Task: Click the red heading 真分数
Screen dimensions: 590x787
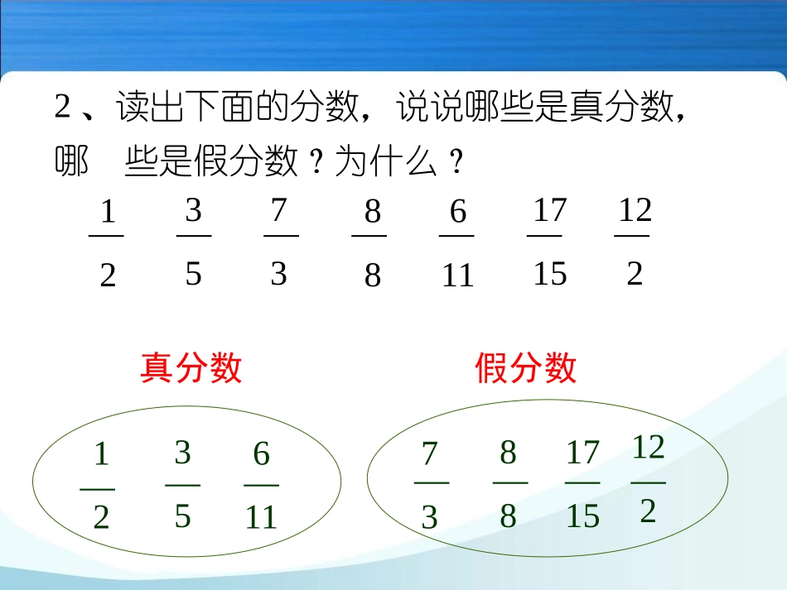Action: click(191, 368)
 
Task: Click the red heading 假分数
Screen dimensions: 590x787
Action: click(526, 368)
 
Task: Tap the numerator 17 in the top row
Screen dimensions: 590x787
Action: click(549, 211)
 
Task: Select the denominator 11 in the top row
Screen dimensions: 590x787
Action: click(457, 276)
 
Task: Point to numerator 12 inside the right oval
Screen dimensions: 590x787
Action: click(649, 448)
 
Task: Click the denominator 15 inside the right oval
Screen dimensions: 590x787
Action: click(582, 517)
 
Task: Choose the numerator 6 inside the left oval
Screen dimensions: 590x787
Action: click(262, 453)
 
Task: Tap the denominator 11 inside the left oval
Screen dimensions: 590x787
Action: click(261, 518)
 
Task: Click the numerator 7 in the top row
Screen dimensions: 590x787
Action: click(278, 211)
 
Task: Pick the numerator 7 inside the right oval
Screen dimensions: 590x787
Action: click(429, 453)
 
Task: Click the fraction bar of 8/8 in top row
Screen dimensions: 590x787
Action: click(369, 236)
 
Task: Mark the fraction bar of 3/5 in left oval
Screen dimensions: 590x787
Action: click(183, 485)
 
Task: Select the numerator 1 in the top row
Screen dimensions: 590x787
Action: click(108, 213)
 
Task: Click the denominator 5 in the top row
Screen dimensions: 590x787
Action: click(193, 273)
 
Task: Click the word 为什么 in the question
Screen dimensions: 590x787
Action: click(386, 163)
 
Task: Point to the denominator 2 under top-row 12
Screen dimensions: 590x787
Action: click(635, 273)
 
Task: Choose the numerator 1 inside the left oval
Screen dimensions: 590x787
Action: click(101, 454)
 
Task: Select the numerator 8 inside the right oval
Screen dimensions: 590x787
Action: click(509, 453)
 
